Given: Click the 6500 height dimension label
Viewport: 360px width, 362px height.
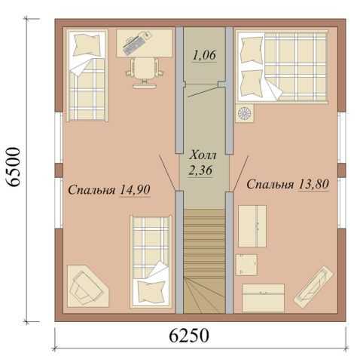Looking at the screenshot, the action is pos(13,167).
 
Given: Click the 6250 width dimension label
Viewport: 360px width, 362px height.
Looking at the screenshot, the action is pos(189,336).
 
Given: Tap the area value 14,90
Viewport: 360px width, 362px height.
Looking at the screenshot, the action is pos(135,189).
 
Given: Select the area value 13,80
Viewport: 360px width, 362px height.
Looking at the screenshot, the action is pos(313,184).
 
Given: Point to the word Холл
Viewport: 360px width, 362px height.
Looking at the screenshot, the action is pos(203,155).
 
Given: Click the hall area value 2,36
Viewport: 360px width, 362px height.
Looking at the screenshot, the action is pos(200,170).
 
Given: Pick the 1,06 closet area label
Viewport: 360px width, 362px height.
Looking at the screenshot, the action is pos(204,55).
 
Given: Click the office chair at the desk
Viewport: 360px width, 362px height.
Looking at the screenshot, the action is pos(145,72).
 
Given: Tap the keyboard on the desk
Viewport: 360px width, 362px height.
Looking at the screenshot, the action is pos(134,45).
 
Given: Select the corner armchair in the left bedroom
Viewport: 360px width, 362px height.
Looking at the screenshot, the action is pos(87,287).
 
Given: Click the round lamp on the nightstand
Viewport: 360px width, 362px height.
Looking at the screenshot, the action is pos(244,113).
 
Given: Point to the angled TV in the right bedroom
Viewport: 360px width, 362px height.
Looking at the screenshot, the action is pos(314,287).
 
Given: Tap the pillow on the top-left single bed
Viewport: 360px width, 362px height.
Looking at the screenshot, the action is pos(88,44).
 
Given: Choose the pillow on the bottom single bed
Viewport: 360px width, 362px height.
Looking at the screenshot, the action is pos(151,293).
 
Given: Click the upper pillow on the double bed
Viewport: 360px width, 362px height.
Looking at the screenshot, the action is pos(252,51).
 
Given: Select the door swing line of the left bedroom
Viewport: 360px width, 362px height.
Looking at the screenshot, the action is pos(167,172).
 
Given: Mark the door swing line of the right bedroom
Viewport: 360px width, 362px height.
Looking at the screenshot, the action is pos(240,173).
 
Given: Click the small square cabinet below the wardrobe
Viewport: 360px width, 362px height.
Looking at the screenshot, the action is pos(246,265).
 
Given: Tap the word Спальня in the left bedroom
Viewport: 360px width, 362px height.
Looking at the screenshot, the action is pos(92,190).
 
